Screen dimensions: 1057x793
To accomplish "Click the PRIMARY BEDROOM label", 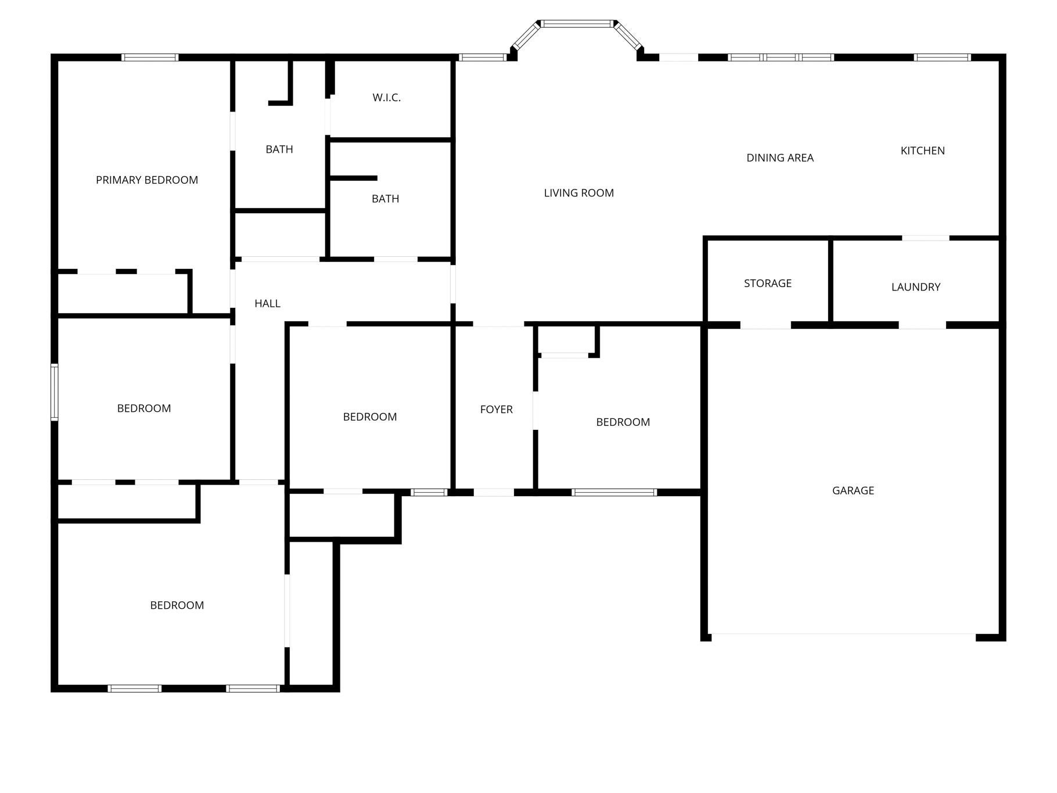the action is (147, 180).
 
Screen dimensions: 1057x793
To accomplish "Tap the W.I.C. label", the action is (387, 98).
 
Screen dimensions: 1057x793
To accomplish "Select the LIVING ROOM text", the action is (579, 193).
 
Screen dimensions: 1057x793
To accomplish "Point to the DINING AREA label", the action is (780, 157).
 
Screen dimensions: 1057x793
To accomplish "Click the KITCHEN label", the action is (923, 150).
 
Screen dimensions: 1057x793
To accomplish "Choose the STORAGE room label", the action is (768, 283).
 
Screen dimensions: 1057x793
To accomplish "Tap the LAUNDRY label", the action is (916, 286).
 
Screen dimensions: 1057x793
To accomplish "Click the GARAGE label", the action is (853, 490).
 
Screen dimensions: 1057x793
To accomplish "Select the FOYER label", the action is (497, 409).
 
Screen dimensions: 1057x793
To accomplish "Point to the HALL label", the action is (268, 303).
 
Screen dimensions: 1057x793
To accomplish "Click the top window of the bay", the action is (577, 24).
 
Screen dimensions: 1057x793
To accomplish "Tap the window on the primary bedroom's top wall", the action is (150, 57).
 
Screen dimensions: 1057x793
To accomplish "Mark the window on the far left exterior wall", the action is (55, 392).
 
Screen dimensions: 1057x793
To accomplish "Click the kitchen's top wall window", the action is (942, 57).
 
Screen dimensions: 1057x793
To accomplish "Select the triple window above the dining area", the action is (781, 57).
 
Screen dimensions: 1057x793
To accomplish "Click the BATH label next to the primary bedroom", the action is (279, 149).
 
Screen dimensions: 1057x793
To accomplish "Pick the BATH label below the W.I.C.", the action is (386, 199).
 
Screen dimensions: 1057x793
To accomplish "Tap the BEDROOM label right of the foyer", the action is (623, 422).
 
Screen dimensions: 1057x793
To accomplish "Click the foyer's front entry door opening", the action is (494, 492).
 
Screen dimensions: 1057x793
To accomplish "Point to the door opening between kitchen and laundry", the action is (926, 238).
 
